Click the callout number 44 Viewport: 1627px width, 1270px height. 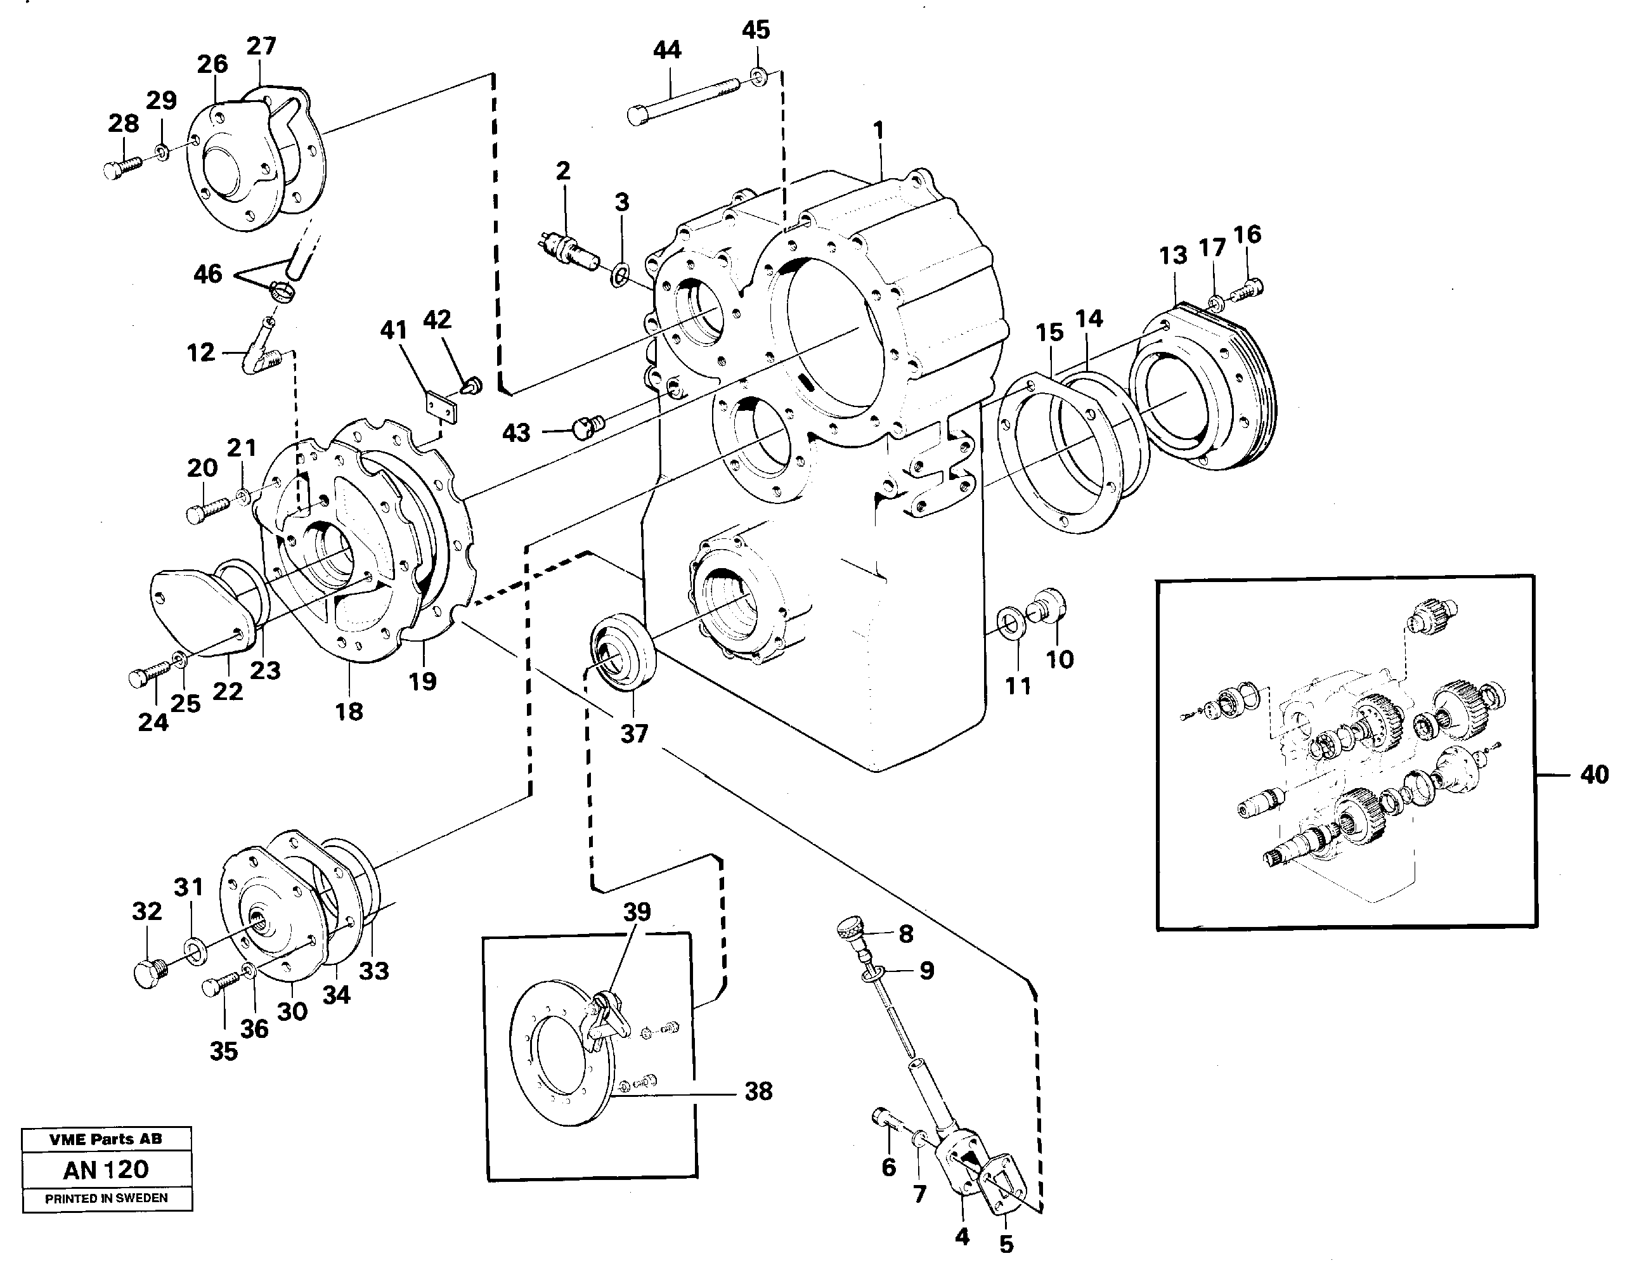click(667, 51)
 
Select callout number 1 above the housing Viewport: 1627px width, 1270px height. click(879, 131)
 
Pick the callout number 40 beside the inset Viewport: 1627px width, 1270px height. click(1594, 775)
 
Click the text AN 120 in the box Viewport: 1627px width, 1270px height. click(106, 1169)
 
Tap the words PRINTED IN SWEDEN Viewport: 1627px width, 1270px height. click(106, 1198)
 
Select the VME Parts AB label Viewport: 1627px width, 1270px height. click(106, 1139)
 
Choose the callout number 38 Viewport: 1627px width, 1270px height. click(758, 1091)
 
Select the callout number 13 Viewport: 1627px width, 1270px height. click(1172, 256)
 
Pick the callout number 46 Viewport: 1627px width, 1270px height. click(207, 274)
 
